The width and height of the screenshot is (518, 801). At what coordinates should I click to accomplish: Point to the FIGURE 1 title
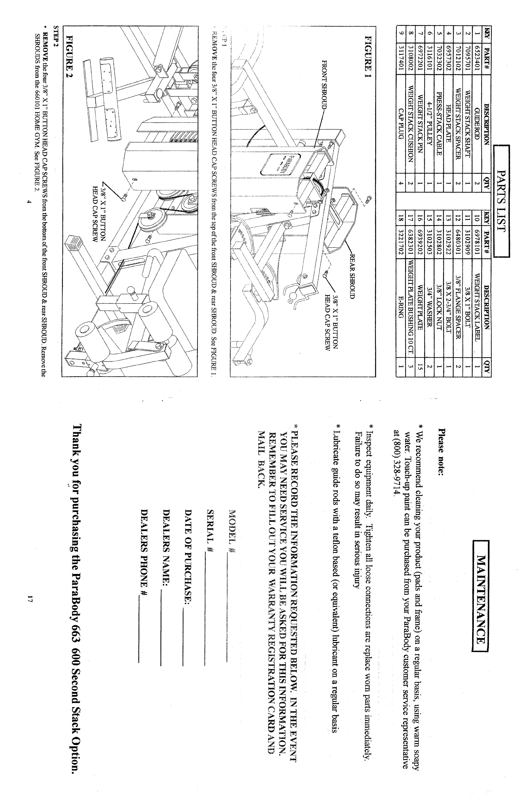368,54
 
